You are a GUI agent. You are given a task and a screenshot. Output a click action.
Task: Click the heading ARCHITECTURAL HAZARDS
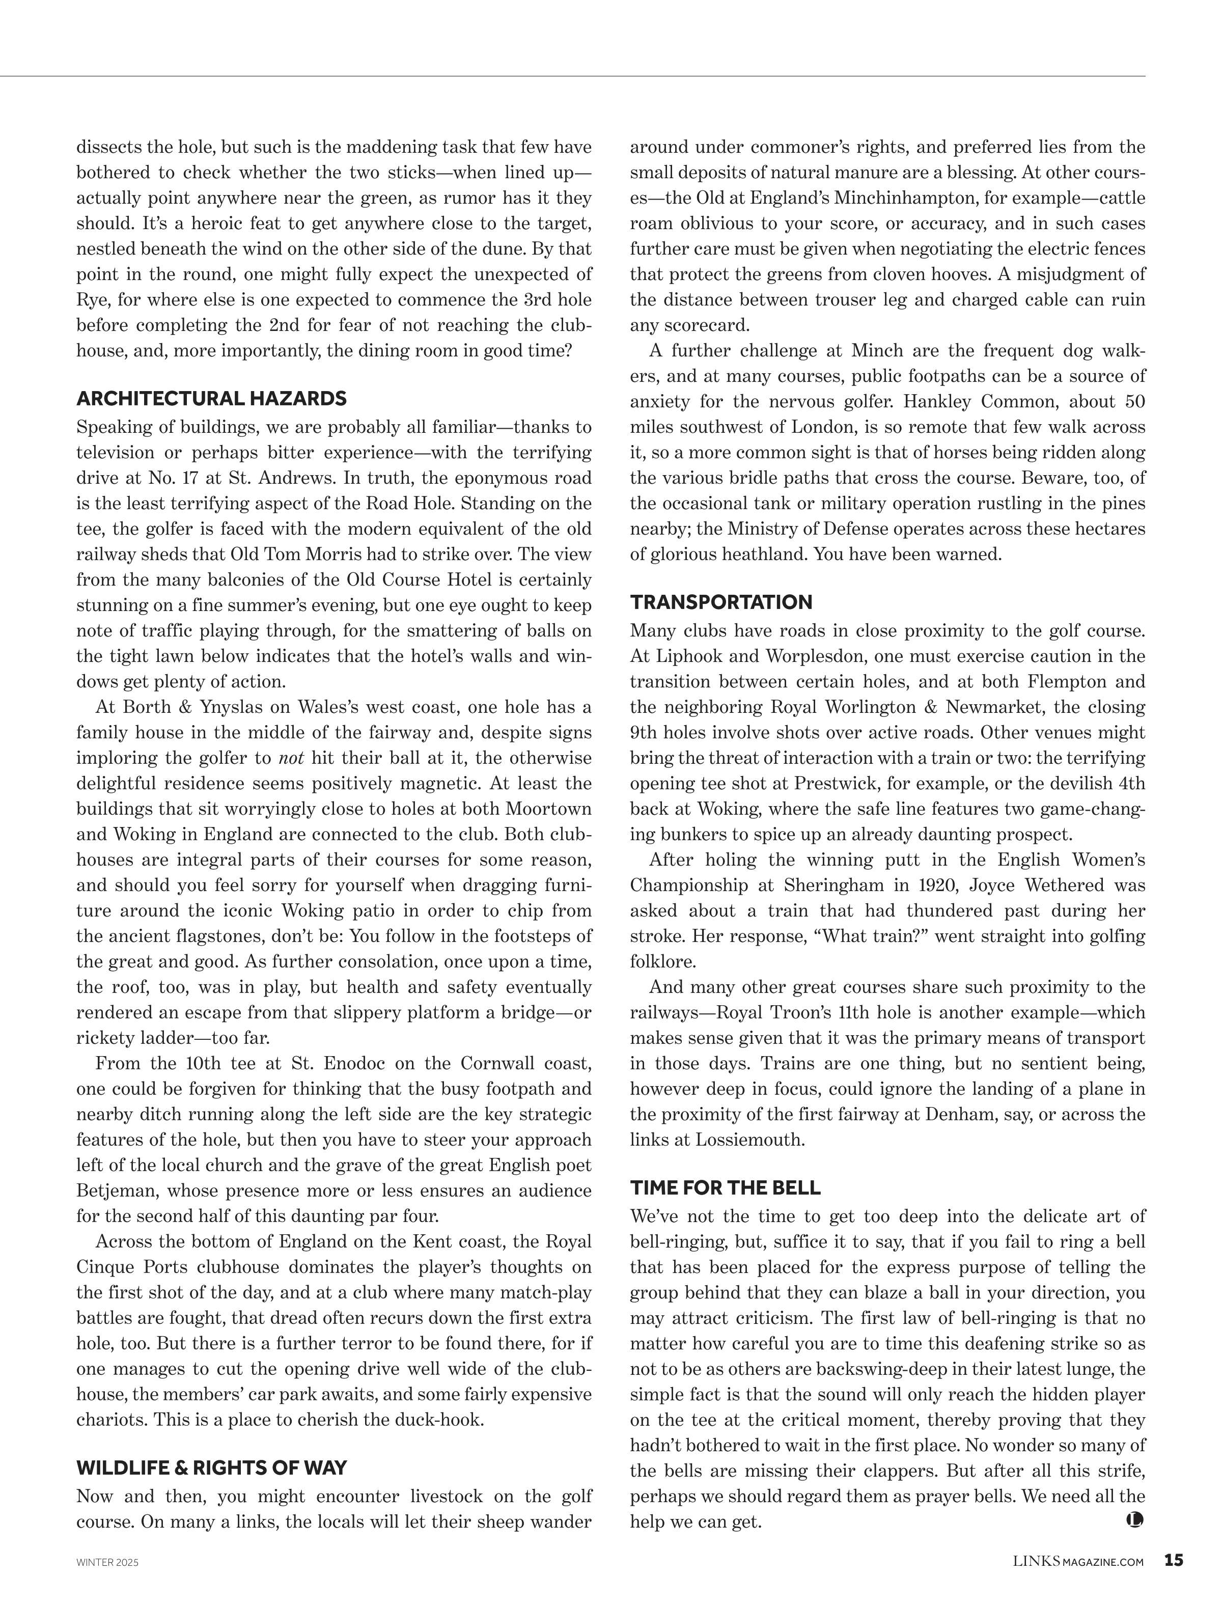pos(211,399)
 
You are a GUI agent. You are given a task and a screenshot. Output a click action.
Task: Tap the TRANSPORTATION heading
pos(721,602)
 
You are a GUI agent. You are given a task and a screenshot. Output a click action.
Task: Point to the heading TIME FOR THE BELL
pos(725,1188)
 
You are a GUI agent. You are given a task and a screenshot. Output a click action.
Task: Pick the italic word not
pos(291,758)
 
